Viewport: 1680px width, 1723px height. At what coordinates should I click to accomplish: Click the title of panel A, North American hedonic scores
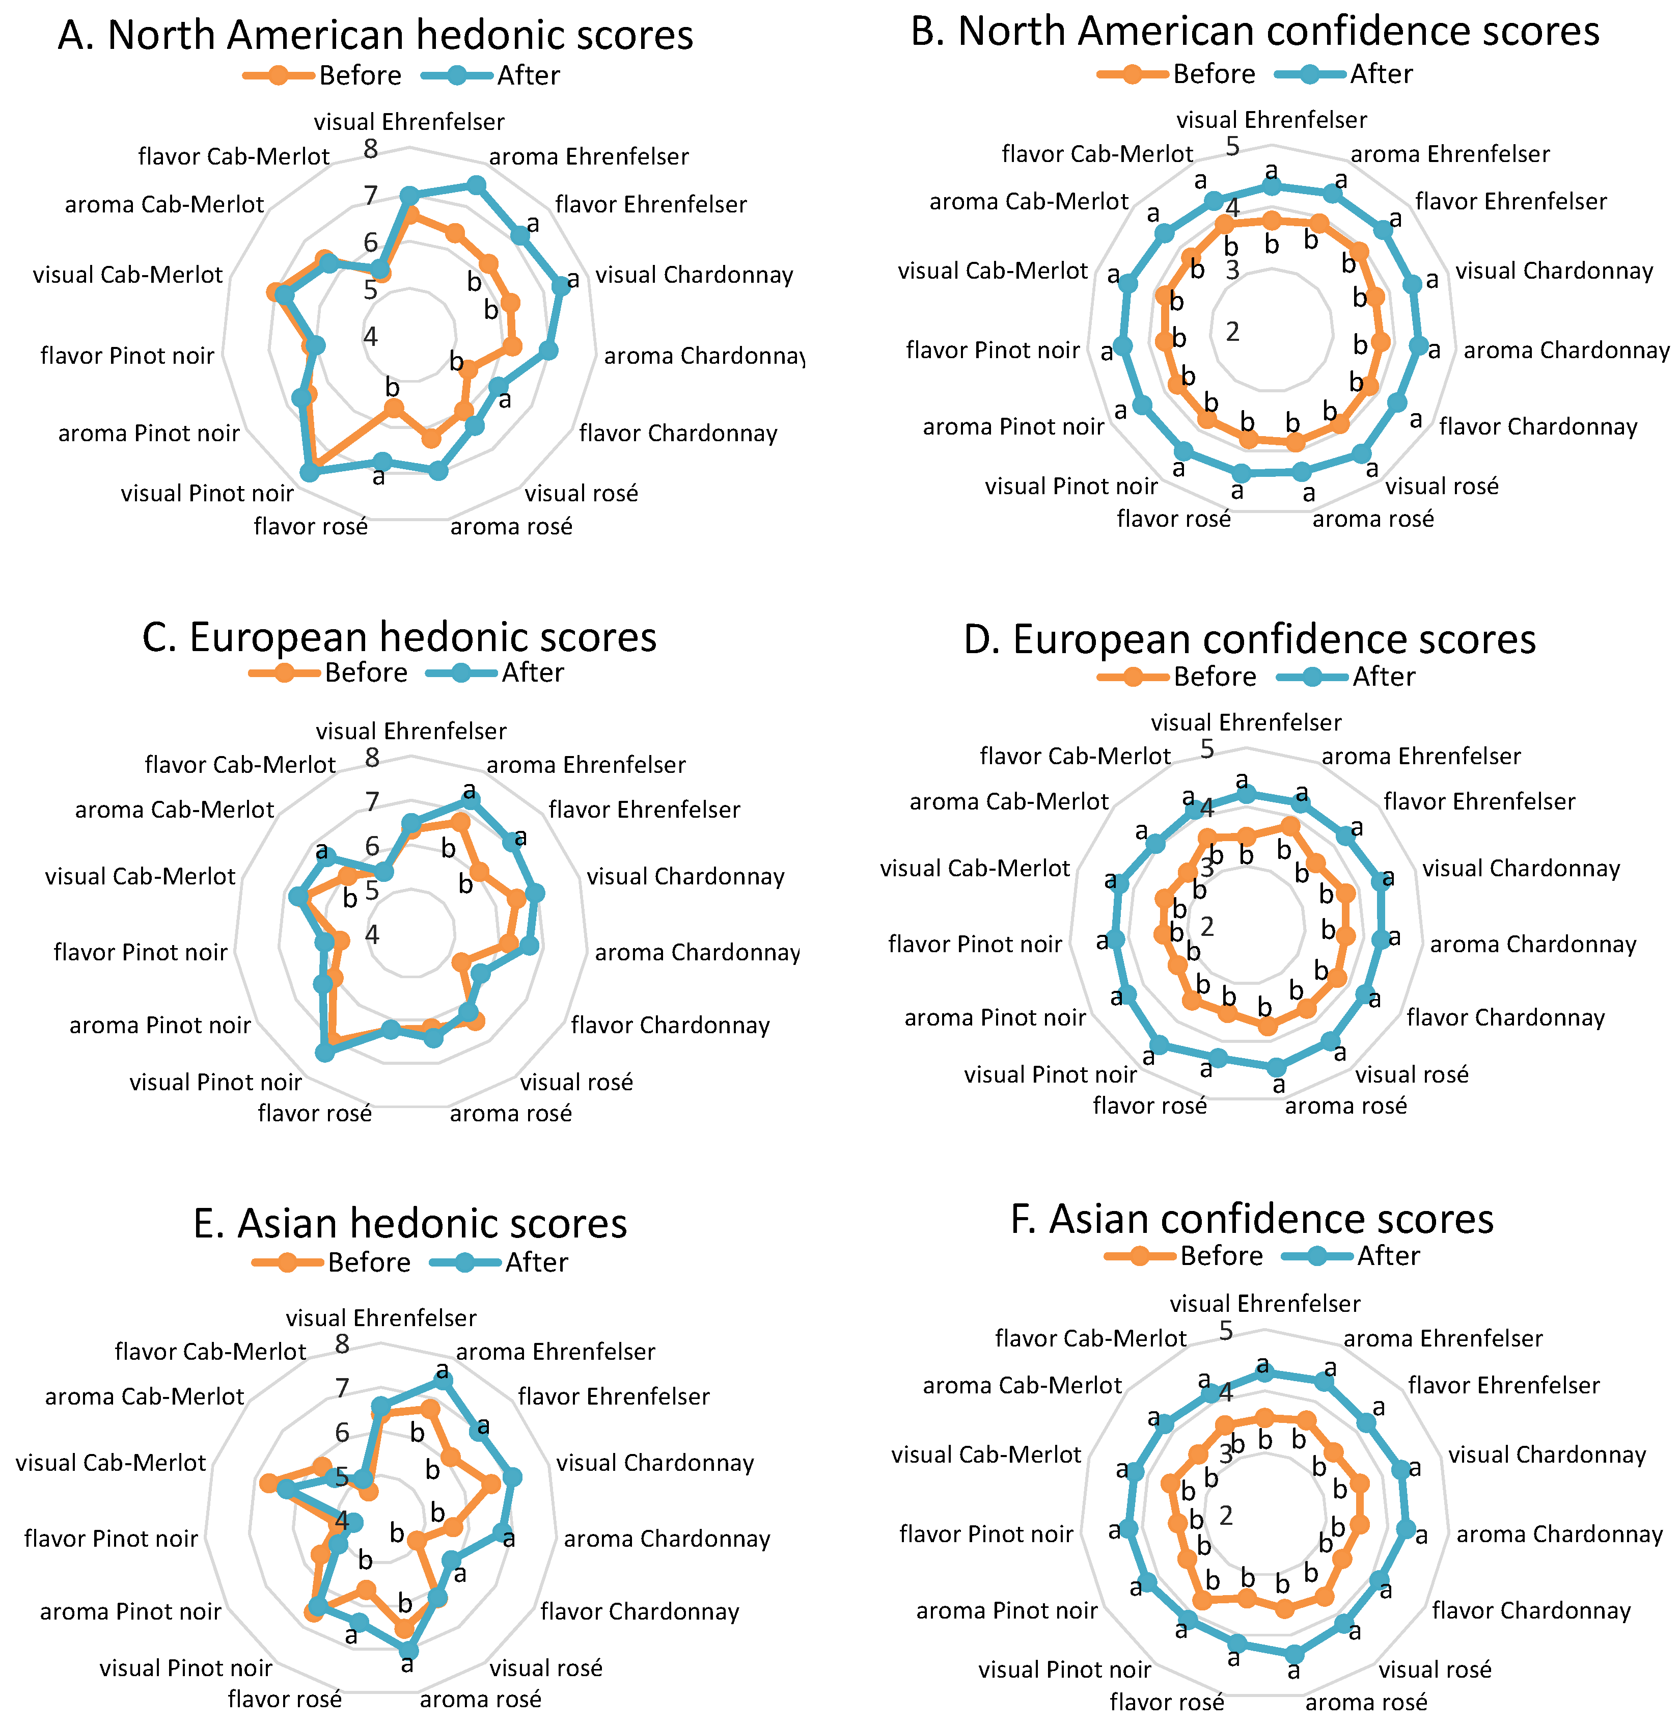pyautogui.click(x=376, y=35)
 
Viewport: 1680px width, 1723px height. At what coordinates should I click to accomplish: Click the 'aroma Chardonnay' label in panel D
pyautogui.click(x=1533, y=945)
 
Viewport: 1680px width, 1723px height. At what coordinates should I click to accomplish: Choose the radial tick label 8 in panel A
pyautogui.click(x=371, y=149)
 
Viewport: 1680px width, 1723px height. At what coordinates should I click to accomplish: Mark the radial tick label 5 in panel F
pyautogui.click(x=1226, y=1330)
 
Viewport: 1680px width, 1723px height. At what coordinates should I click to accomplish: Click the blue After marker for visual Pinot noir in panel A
pyautogui.click(x=309, y=473)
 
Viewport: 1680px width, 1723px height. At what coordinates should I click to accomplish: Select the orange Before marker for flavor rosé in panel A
pyautogui.click(x=394, y=408)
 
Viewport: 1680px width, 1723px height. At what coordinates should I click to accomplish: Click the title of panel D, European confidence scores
pyautogui.click(x=1249, y=639)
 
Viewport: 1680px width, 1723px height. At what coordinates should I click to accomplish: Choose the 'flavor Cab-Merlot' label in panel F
pyautogui.click(x=1091, y=1339)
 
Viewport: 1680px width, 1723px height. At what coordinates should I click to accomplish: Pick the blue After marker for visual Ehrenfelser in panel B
pyautogui.click(x=1272, y=186)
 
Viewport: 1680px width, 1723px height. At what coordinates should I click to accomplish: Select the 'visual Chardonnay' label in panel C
pyautogui.click(x=685, y=876)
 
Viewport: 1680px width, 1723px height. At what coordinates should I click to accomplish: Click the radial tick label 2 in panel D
pyautogui.click(x=1207, y=927)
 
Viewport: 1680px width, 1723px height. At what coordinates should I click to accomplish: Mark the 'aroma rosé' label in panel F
pyautogui.click(x=1366, y=1703)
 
